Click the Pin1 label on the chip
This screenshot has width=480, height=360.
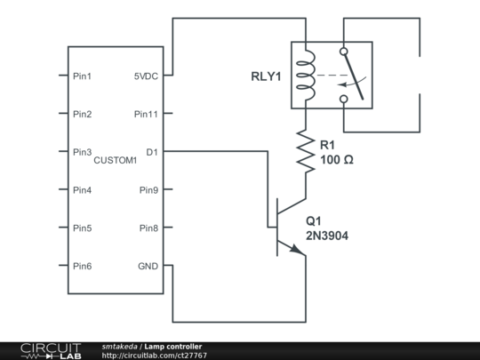point(82,76)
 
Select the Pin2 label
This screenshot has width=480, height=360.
point(82,115)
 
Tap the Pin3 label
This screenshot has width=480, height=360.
point(82,152)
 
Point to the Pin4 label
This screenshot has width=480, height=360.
point(82,190)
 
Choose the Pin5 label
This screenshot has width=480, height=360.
point(82,228)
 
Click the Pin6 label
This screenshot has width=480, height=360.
point(82,267)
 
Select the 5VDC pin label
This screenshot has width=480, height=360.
point(146,76)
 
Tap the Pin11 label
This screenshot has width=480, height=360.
point(147,115)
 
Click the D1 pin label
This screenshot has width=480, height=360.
point(152,152)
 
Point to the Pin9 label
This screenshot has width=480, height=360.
point(148,190)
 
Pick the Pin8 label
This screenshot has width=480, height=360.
point(148,228)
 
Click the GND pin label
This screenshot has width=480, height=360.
point(148,267)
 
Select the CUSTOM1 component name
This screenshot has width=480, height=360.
point(115,160)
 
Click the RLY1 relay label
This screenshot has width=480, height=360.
point(265,76)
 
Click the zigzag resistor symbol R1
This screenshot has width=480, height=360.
point(307,152)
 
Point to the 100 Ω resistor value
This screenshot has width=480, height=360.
point(338,160)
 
